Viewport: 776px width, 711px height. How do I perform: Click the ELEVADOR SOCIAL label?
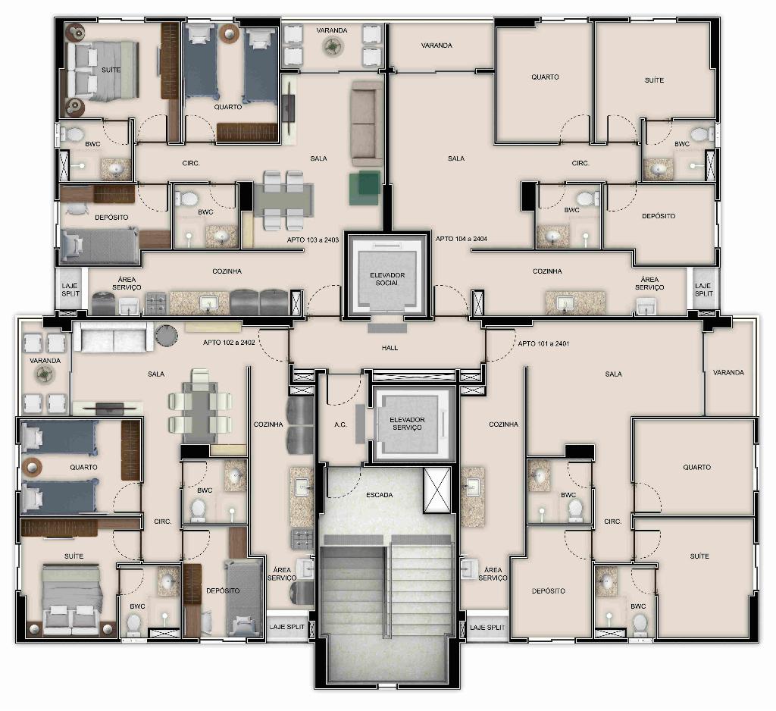pos(387,279)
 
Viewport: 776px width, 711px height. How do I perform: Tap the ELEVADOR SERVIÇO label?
pos(407,423)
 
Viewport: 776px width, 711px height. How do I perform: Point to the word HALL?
pos(390,348)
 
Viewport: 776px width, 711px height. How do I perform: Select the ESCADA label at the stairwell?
pos(380,495)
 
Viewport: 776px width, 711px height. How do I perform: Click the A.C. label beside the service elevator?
pos(340,424)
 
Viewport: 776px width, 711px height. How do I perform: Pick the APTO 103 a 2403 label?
pos(313,240)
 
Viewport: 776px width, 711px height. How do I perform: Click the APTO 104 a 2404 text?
pos(462,239)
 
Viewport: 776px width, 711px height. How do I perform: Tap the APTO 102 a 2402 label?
pos(229,342)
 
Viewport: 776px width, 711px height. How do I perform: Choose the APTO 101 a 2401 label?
pos(543,343)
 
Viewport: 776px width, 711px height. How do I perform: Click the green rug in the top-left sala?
pos(365,188)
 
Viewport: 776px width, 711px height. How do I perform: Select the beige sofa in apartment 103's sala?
pos(367,124)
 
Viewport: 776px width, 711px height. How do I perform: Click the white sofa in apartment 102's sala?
pos(114,337)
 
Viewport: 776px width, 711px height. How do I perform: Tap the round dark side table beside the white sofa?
pos(166,335)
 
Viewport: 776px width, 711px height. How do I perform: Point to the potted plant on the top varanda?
pos(332,47)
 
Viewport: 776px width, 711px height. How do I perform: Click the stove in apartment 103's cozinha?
pos(156,303)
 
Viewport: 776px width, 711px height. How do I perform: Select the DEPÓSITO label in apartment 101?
pos(549,590)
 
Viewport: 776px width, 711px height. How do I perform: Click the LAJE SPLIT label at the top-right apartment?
pos(703,290)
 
